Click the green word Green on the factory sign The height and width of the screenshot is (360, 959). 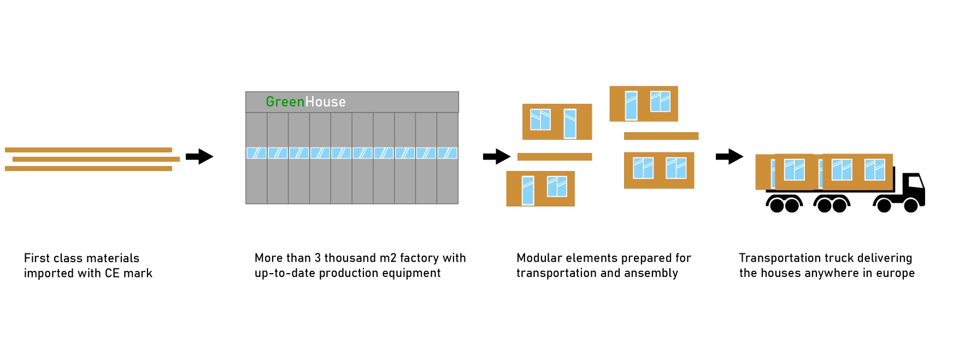285,102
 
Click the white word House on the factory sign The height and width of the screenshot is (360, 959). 325,102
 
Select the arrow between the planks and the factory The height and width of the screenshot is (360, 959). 199,157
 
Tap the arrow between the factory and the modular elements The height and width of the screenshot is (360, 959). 497,157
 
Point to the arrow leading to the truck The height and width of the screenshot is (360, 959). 729,157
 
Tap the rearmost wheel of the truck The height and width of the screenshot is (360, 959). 776,205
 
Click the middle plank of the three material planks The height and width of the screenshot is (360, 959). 96,160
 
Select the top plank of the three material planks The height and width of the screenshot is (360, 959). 89,150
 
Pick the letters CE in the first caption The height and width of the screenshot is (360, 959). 112,273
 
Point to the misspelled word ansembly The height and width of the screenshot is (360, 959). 652,274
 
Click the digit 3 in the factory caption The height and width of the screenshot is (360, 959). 317,258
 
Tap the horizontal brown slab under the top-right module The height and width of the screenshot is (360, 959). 661,136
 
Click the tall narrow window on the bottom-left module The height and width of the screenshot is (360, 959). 528,190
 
